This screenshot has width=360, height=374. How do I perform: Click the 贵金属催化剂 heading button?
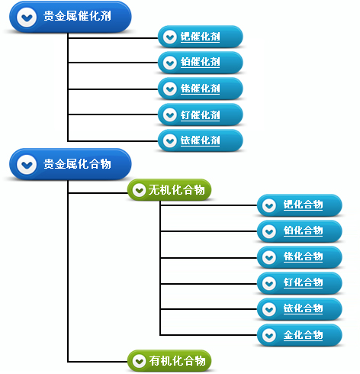coord(70,17)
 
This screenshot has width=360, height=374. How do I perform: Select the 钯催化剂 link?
coord(201,37)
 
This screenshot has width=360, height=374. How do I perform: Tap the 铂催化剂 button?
coord(201,63)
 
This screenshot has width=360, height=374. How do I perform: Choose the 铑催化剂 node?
coord(201,89)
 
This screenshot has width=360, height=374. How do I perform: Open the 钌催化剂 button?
coord(201,114)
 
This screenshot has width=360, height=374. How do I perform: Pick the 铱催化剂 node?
coord(201,140)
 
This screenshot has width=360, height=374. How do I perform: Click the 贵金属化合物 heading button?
coord(70,165)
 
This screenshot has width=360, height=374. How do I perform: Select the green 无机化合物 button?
coord(169,190)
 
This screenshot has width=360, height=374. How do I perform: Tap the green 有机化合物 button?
coord(169,361)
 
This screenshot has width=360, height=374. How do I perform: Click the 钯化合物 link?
coord(300,205)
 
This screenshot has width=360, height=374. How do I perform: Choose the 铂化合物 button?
coord(300,231)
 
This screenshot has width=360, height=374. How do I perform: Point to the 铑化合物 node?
coord(300,257)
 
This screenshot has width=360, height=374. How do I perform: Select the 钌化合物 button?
coord(300,283)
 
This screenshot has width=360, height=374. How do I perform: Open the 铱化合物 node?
coord(300,309)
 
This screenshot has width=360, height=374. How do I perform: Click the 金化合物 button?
coord(300,335)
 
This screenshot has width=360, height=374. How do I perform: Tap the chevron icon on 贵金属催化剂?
coord(27,17)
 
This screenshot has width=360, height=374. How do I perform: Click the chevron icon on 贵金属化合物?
coord(27,165)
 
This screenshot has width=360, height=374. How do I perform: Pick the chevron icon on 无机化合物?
coord(139,190)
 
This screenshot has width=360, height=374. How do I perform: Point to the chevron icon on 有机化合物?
coord(139,361)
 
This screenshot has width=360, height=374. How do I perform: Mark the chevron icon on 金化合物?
coord(269,335)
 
